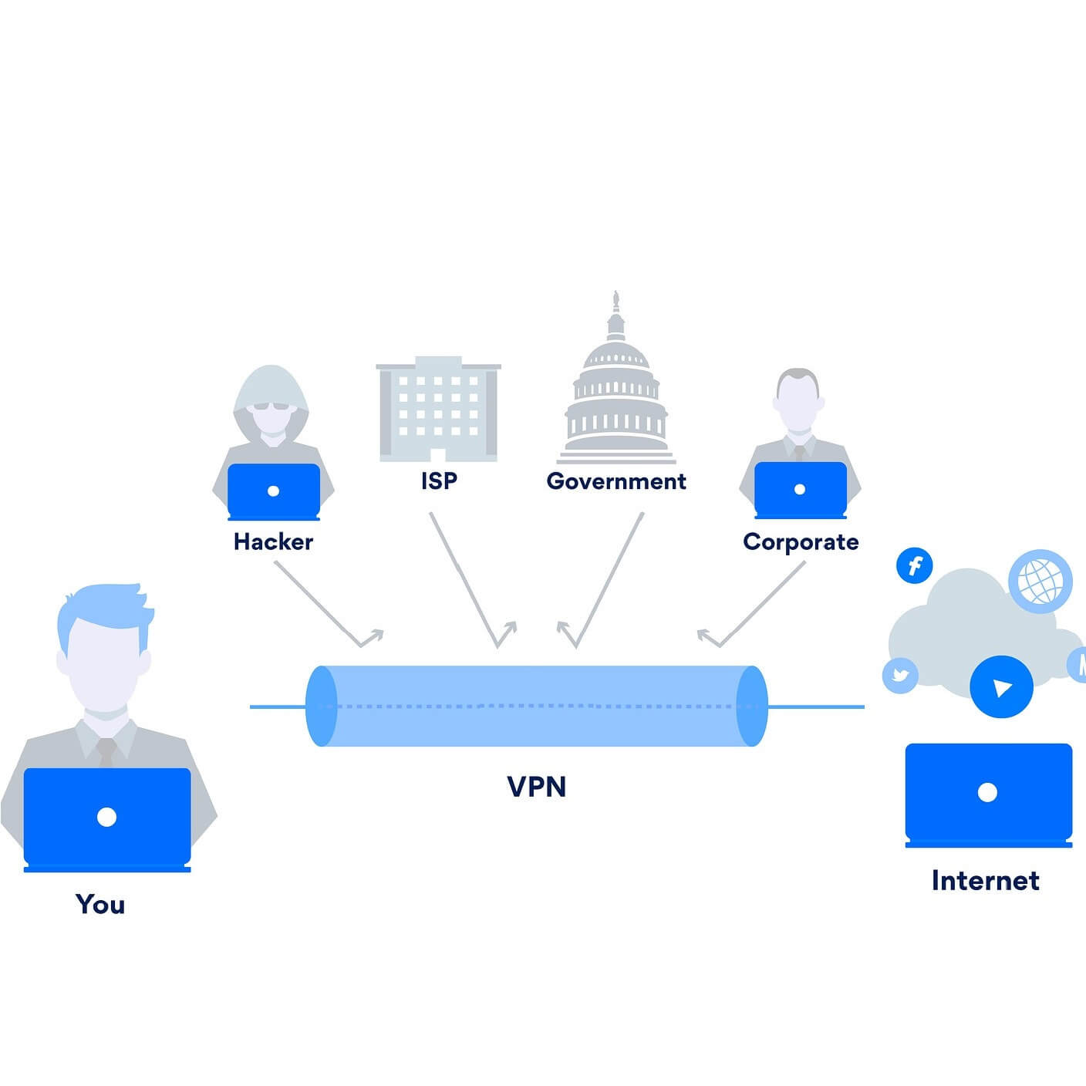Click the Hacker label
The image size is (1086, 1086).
coord(273,541)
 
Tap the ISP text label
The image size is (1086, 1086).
coord(439,481)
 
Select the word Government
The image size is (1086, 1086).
coord(616,481)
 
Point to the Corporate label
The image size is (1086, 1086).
coord(801,542)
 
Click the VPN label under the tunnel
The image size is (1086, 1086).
coord(537,787)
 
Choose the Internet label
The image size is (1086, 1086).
coord(985,880)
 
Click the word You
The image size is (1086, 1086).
coord(100,904)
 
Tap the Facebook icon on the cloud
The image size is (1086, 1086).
coord(915,566)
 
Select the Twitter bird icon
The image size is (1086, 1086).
coord(900,676)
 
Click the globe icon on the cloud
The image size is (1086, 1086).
coord(1040,581)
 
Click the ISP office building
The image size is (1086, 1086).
coord(438,409)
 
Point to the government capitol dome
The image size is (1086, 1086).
coord(616,386)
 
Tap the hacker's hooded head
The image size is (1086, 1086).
coord(271,401)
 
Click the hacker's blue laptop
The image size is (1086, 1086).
coord(273,491)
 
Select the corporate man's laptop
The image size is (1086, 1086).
coord(800,490)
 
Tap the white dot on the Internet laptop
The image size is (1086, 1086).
coord(987,792)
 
